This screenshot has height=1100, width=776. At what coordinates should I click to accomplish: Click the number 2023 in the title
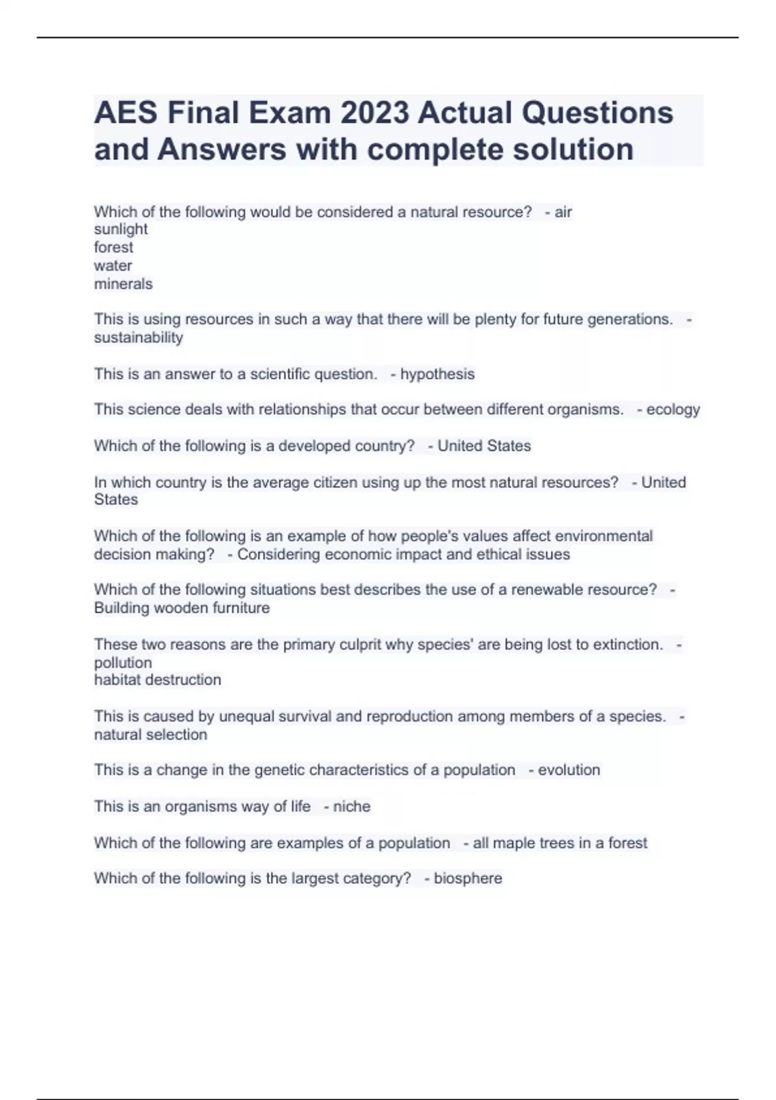tap(374, 113)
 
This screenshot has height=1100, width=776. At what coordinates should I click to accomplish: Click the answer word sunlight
tap(121, 229)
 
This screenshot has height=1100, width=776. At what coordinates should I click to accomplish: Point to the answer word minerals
tap(124, 284)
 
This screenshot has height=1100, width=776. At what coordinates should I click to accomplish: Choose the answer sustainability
tap(138, 338)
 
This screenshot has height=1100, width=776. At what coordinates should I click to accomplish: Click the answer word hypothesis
tap(437, 374)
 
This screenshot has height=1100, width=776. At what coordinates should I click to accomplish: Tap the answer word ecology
tap(673, 410)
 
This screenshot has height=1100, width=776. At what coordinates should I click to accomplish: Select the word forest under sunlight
tap(114, 247)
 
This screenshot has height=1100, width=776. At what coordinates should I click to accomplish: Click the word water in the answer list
tap(113, 266)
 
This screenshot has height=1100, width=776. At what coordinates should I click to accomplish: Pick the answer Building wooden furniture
tap(182, 608)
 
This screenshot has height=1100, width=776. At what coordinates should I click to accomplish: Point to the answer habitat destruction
tap(158, 680)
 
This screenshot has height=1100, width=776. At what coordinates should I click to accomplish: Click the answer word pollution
tap(123, 663)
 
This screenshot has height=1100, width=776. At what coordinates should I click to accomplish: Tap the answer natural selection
tap(151, 735)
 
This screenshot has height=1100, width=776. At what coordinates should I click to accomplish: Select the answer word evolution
tap(569, 770)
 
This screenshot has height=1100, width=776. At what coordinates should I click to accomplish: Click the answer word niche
tap(352, 807)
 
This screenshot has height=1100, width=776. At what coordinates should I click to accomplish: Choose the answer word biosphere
tap(468, 879)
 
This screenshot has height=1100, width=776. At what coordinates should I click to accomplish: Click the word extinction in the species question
tap(627, 644)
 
